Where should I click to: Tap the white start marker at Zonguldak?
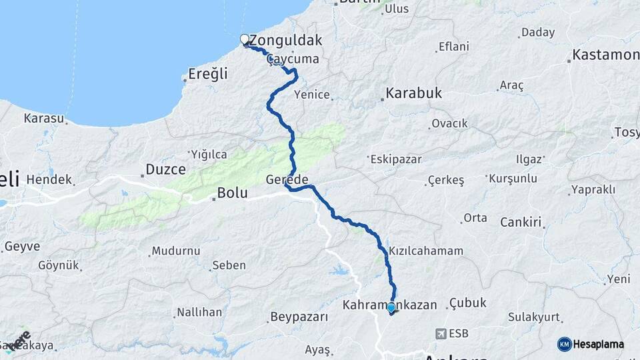245,39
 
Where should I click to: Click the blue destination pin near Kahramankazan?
391,307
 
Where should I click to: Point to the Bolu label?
232,193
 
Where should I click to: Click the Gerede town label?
287,180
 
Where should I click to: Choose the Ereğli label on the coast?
208,73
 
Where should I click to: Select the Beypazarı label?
300,316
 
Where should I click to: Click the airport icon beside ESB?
441,333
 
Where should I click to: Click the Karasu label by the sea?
44,118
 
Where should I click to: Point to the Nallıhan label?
199,312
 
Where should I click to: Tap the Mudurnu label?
176,251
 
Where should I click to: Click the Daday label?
538,31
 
